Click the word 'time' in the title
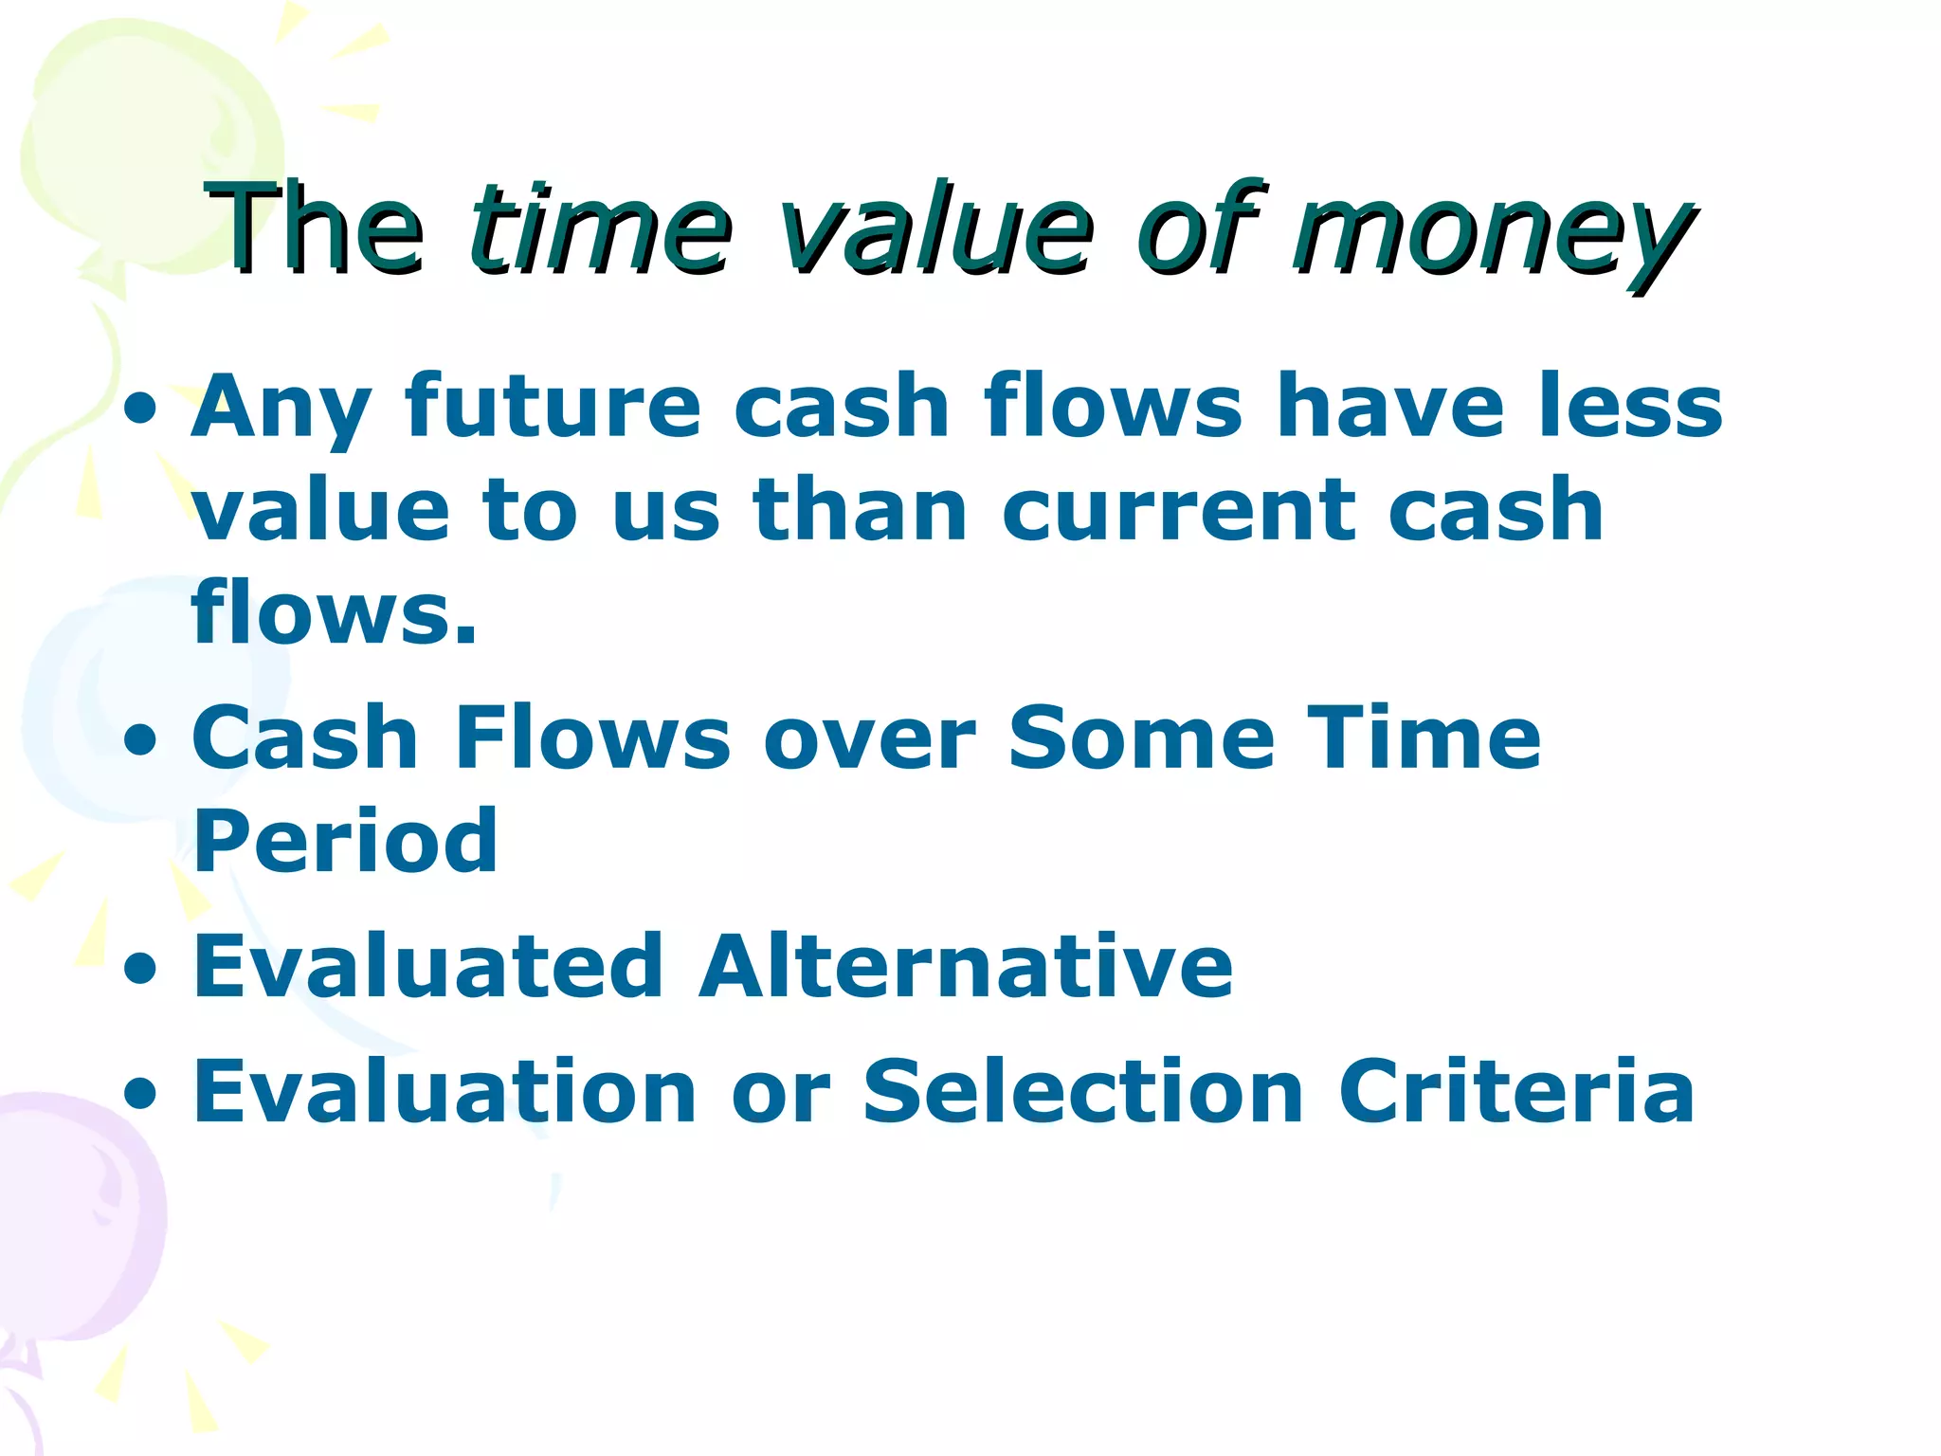[x=601, y=230]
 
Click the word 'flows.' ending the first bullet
[x=334, y=613]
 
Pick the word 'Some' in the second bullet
[x=1141, y=739]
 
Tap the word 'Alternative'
[x=965, y=967]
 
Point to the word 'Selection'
[x=1083, y=1092]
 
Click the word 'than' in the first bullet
[x=860, y=512]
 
